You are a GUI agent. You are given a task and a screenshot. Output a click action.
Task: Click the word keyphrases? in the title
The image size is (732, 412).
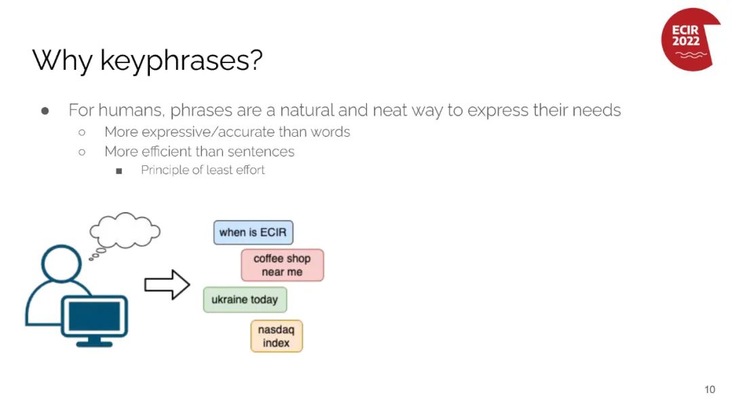[x=181, y=61]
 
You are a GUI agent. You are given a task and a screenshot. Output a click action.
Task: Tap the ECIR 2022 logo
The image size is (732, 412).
[x=690, y=39]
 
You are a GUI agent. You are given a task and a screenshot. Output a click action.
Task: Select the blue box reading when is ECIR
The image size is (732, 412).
[x=253, y=232]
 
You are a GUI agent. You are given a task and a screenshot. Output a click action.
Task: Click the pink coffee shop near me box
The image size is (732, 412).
[x=282, y=265]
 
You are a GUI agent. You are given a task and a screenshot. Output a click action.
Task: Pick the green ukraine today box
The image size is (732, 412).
[x=245, y=300]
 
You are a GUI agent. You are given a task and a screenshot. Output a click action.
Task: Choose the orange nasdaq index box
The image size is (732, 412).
[x=277, y=336]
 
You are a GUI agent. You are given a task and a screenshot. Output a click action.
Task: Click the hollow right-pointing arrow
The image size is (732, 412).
[x=167, y=284]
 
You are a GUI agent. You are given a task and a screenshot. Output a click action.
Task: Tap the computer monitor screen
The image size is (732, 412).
[x=94, y=316]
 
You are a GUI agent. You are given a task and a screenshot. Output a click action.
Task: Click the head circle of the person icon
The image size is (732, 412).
[x=61, y=264]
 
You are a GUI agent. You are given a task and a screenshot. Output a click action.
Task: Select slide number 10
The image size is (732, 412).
[x=710, y=390]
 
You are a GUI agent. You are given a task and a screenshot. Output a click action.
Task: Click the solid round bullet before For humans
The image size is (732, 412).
[x=45, y=111]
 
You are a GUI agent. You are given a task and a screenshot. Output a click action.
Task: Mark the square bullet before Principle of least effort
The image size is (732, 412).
[x=119, y=171]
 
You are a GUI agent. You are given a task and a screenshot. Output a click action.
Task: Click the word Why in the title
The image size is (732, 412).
[x=62, y=61]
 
